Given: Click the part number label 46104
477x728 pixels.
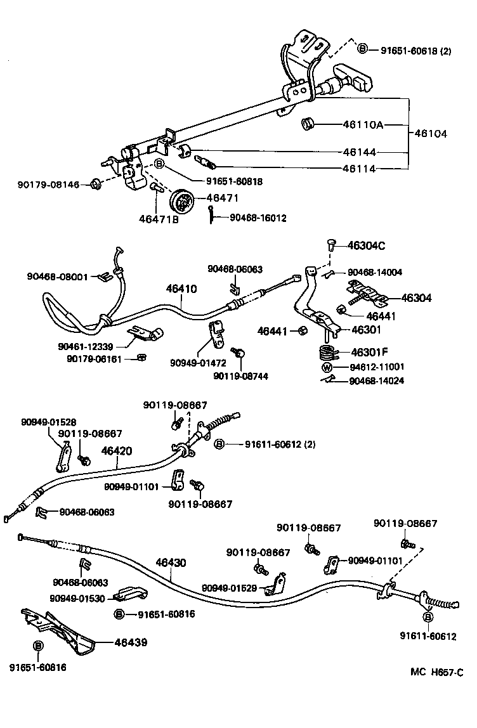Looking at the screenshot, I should pos(431,134).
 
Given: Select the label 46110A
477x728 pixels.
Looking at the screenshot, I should pos(363,125).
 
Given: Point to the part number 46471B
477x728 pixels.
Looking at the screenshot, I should pos(159,220).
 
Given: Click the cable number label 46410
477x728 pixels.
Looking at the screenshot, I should pos(181,289).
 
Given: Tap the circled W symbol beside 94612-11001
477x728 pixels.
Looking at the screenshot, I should pos(327,367).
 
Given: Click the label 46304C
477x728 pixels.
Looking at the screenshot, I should pos(367,245).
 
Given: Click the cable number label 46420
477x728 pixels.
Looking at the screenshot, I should pos(117,452).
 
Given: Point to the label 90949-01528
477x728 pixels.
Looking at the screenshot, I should pos(48,422).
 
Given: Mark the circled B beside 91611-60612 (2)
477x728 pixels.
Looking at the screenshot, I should pos(218,445).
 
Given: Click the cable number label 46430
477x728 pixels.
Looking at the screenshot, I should pos(171,562).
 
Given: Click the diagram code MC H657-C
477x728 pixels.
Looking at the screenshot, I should pos(436,689).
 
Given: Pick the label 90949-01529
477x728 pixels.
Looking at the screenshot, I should pos(229,588).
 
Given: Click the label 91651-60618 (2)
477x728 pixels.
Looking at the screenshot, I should pos(415,49).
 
